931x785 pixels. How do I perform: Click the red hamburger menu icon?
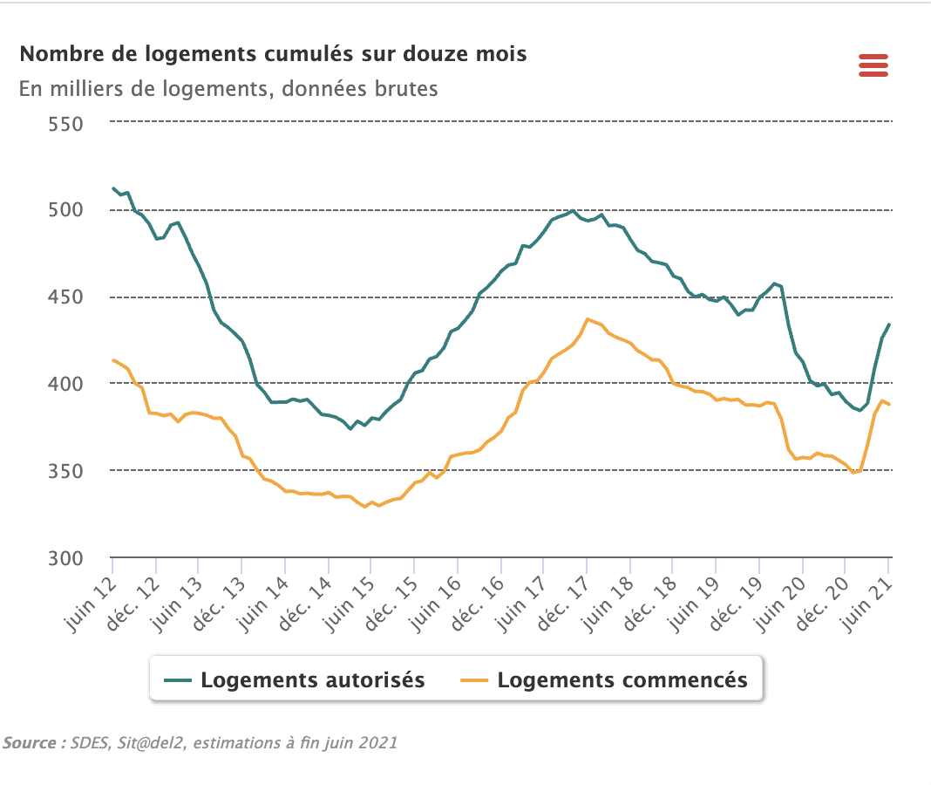(x=873, y=65)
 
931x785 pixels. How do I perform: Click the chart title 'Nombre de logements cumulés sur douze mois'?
(x=273, y=54)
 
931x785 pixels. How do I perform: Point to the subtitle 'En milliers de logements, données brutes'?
(x=228, y=89)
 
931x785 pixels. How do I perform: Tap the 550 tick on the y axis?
(x=65, y=123)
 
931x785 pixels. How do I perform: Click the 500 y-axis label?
(x=65, y=210)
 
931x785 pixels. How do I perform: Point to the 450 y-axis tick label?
(x=65, y=297)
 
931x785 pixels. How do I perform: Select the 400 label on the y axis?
(x=65, y=384)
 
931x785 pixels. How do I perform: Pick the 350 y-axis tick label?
(x=65, y=471)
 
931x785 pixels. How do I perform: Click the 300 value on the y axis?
(x=65, y=558)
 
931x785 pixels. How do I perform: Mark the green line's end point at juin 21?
(x=888, y=324)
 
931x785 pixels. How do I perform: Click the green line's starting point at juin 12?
(x=113, y=188)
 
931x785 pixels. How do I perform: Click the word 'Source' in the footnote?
(x=30, y=743)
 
